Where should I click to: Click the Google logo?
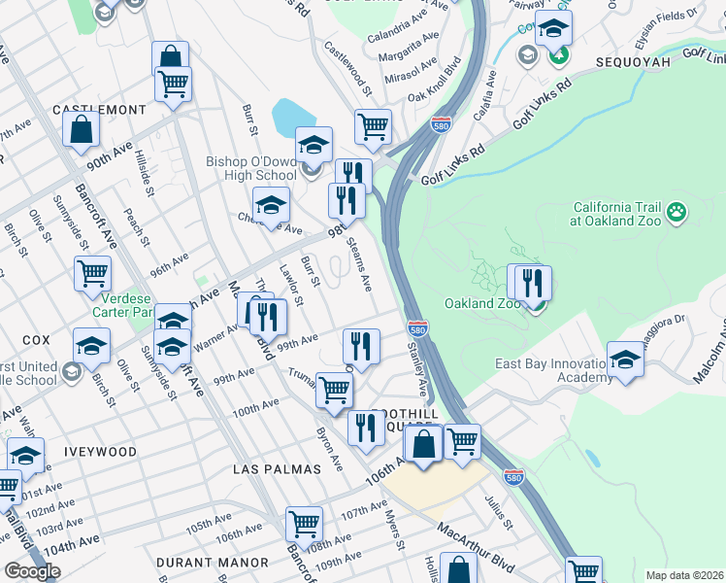[32, 571]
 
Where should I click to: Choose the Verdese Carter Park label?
[123, 305]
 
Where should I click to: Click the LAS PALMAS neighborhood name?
[277, 469]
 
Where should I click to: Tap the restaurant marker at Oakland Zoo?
[530, 284]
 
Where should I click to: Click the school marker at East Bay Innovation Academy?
[626, 360]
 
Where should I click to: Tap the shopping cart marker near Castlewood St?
[373, 126]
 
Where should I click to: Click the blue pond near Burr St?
[290, 118]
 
